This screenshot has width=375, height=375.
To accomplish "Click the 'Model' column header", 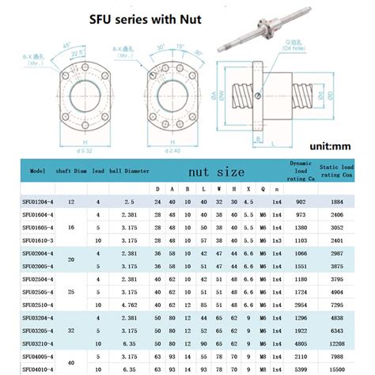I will pyautogui.click(x=37, y=170).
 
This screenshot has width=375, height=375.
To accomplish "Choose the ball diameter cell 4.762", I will pyautogui.click(x=130, y=302).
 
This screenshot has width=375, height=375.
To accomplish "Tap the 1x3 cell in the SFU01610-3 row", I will pyautogui.click(x=276, y=239).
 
